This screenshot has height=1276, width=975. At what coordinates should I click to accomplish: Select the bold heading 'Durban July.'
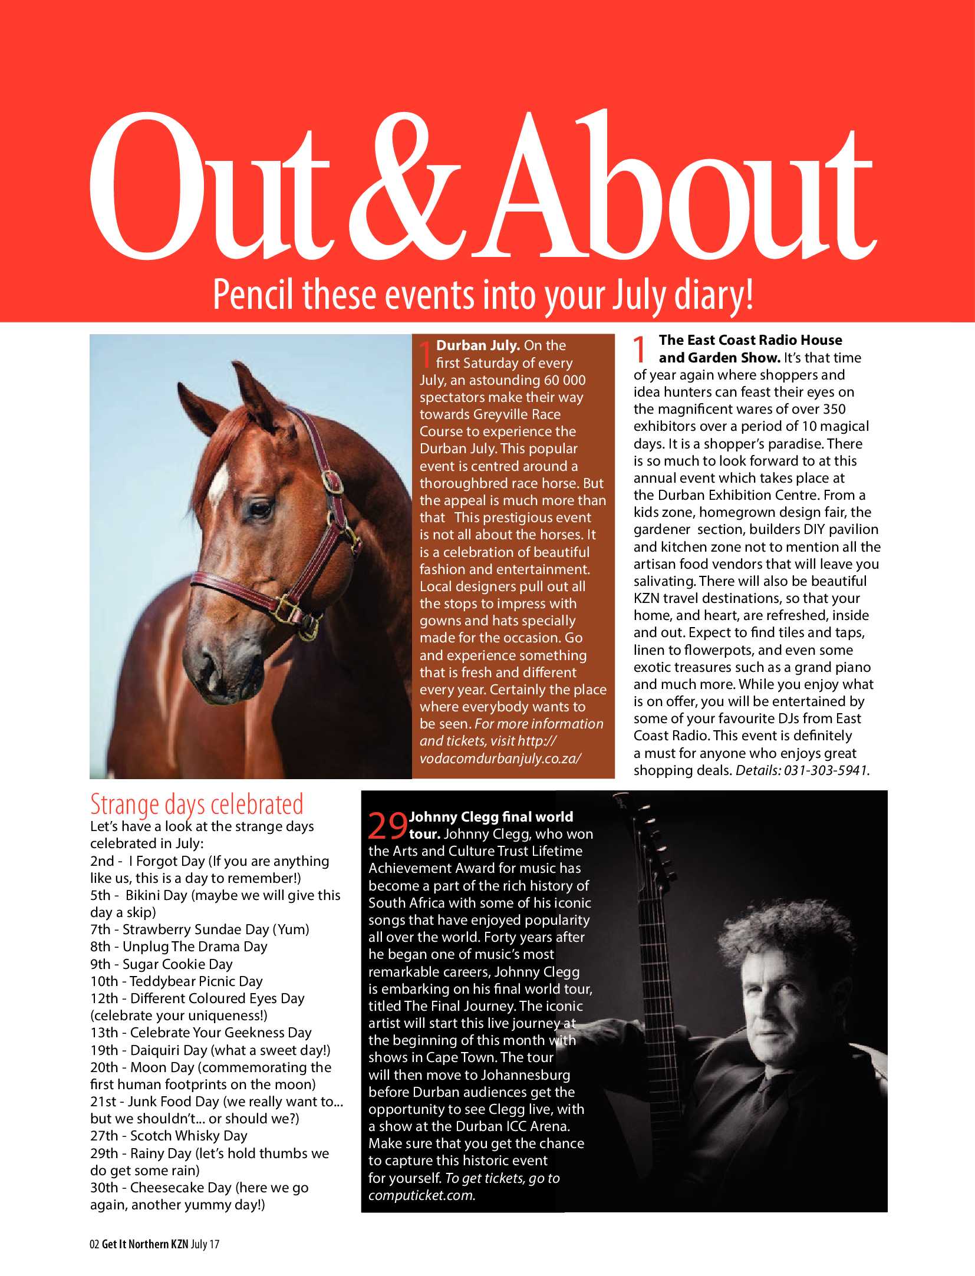[477, 345]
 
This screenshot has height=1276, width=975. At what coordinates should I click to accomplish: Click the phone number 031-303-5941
[825, 770]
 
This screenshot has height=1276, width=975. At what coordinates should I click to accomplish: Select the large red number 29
[387, 826]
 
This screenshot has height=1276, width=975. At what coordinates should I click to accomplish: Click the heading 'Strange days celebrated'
[197, 804]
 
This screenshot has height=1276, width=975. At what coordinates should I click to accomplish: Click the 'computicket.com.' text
[422, 1195]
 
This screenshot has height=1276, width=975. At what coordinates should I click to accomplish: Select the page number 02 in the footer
[94, 1244]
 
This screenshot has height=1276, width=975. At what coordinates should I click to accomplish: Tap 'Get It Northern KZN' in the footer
[144, 1244]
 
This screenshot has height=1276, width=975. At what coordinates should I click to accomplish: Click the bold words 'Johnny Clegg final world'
[491, 817]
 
